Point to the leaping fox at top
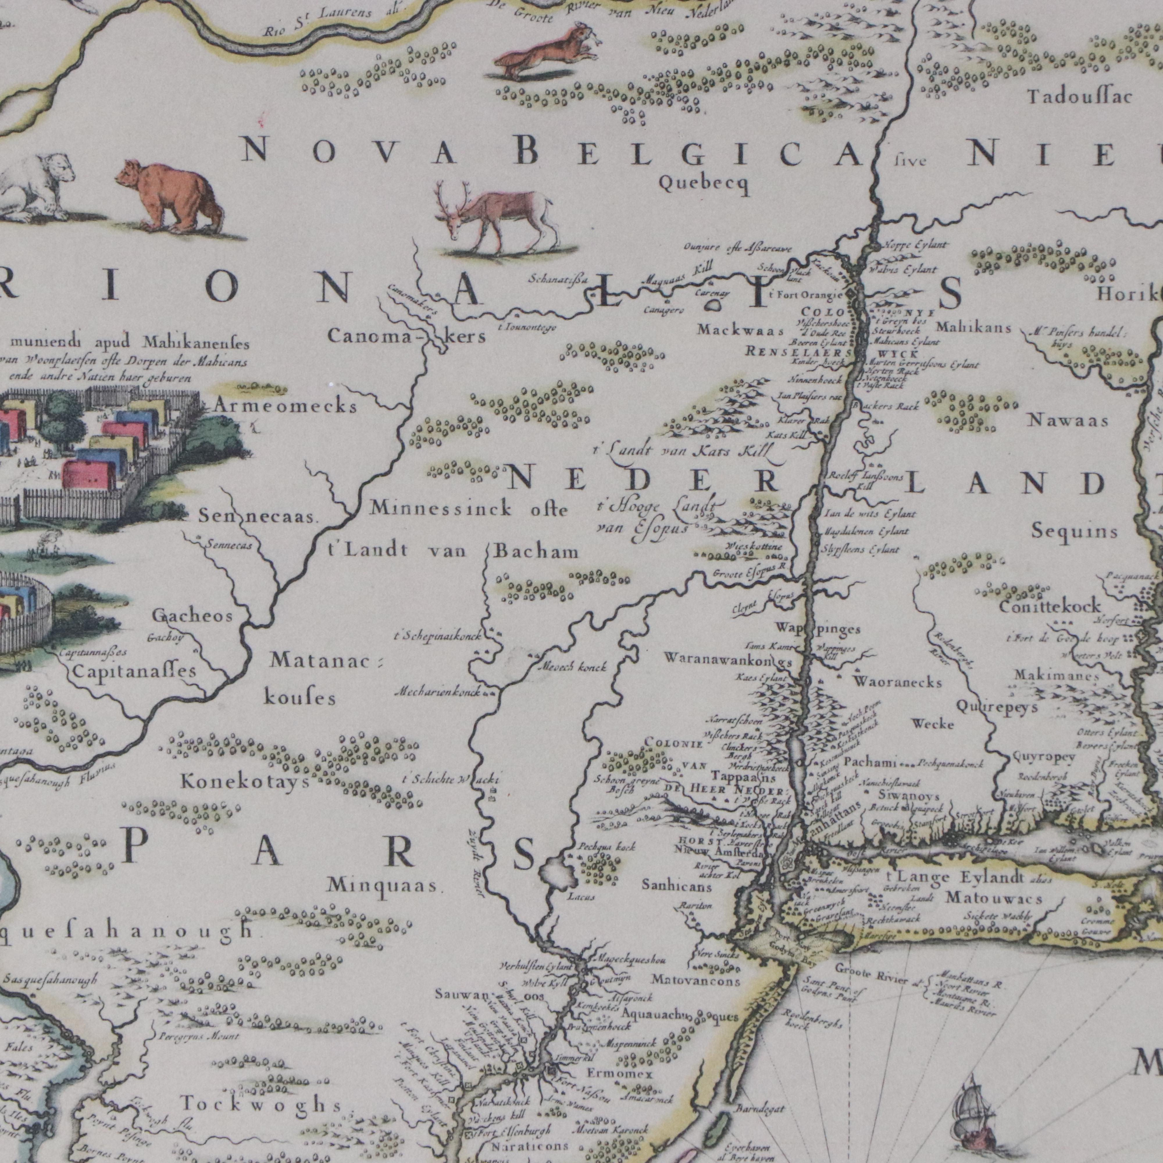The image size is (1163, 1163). pyautogui.click(x=545, y=51)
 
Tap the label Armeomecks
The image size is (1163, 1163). pyautogui.click(x=285, y=407)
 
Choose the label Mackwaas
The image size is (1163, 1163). pyautogui.click(x=741, y=331)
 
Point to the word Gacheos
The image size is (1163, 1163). pyautogui.click(x=191, y=616)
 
